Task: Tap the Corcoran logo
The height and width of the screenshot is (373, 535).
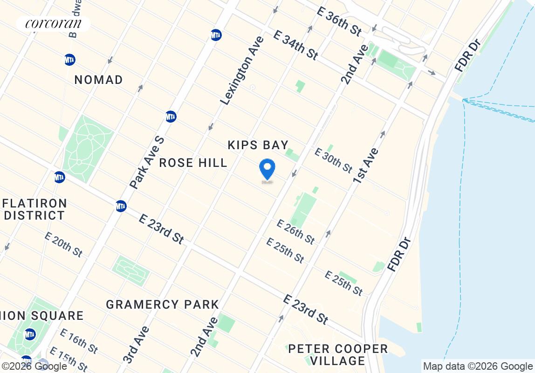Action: pos(53,23)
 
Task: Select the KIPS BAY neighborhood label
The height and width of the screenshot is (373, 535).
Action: pos(258,145)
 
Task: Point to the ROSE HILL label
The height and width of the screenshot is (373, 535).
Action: pos(193,163)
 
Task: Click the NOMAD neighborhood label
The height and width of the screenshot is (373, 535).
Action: pos(99,80)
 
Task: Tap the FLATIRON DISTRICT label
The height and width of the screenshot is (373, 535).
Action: pos(35,209)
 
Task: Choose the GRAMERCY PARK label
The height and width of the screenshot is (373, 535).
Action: pos(162,305)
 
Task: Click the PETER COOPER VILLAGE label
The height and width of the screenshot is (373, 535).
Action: pos(338,354)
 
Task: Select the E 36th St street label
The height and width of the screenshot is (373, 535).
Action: pos(339,21)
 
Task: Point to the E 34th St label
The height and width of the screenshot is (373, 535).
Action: pos(295,45)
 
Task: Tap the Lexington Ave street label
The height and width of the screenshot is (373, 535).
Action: pos(241,70)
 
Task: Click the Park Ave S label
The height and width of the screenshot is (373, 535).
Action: pos(147,163)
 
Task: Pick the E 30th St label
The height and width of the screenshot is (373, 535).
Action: pos(333,160)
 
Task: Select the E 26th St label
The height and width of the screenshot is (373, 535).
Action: pos(295,232)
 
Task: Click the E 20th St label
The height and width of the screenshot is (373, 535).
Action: pos(64,244)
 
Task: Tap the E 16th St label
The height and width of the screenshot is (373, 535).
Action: pos(79,341)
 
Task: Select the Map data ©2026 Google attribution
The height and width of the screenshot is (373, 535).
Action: pos(478,366)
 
